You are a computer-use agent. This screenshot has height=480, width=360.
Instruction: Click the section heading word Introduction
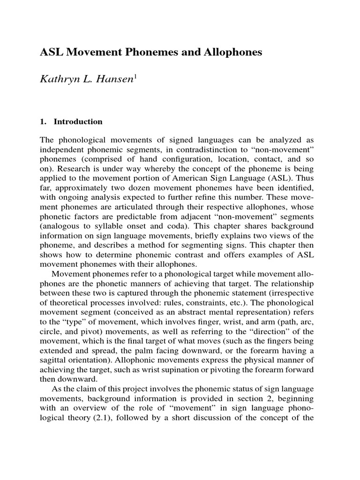78,122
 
